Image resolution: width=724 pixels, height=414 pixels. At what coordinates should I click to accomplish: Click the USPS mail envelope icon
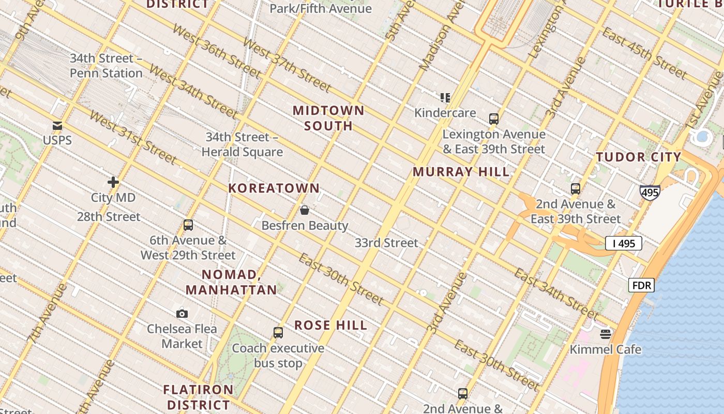57,126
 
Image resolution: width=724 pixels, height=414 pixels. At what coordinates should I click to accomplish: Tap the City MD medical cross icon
113,182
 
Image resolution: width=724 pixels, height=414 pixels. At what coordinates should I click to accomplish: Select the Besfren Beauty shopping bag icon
305,210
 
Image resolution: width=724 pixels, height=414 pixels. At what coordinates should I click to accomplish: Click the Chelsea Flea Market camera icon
182,314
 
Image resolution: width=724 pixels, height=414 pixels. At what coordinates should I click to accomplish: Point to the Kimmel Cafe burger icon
606,334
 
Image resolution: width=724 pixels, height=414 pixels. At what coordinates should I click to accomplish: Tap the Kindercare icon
445,97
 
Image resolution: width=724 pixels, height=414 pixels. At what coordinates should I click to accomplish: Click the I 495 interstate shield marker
650,193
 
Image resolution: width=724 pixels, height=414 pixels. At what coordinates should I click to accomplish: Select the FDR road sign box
642,285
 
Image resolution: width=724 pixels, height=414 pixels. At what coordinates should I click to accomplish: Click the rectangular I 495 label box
624,243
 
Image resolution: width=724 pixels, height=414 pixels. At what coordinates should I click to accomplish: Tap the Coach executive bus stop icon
278,333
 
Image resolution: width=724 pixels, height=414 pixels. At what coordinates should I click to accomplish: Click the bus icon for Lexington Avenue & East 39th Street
494,119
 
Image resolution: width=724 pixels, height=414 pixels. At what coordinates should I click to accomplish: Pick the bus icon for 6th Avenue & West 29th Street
188,225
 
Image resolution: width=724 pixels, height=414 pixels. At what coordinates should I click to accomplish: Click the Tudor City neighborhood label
638,157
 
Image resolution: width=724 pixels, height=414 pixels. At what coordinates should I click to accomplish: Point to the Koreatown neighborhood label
274,188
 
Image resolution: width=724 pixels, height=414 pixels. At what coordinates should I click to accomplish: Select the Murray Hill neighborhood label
461,172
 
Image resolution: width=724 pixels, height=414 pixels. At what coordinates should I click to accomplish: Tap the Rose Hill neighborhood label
331,326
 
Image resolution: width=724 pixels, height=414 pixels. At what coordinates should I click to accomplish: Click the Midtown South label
329,118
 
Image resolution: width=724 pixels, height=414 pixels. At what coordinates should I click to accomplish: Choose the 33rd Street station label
386,243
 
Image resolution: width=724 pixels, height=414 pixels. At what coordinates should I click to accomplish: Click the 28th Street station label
109,216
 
